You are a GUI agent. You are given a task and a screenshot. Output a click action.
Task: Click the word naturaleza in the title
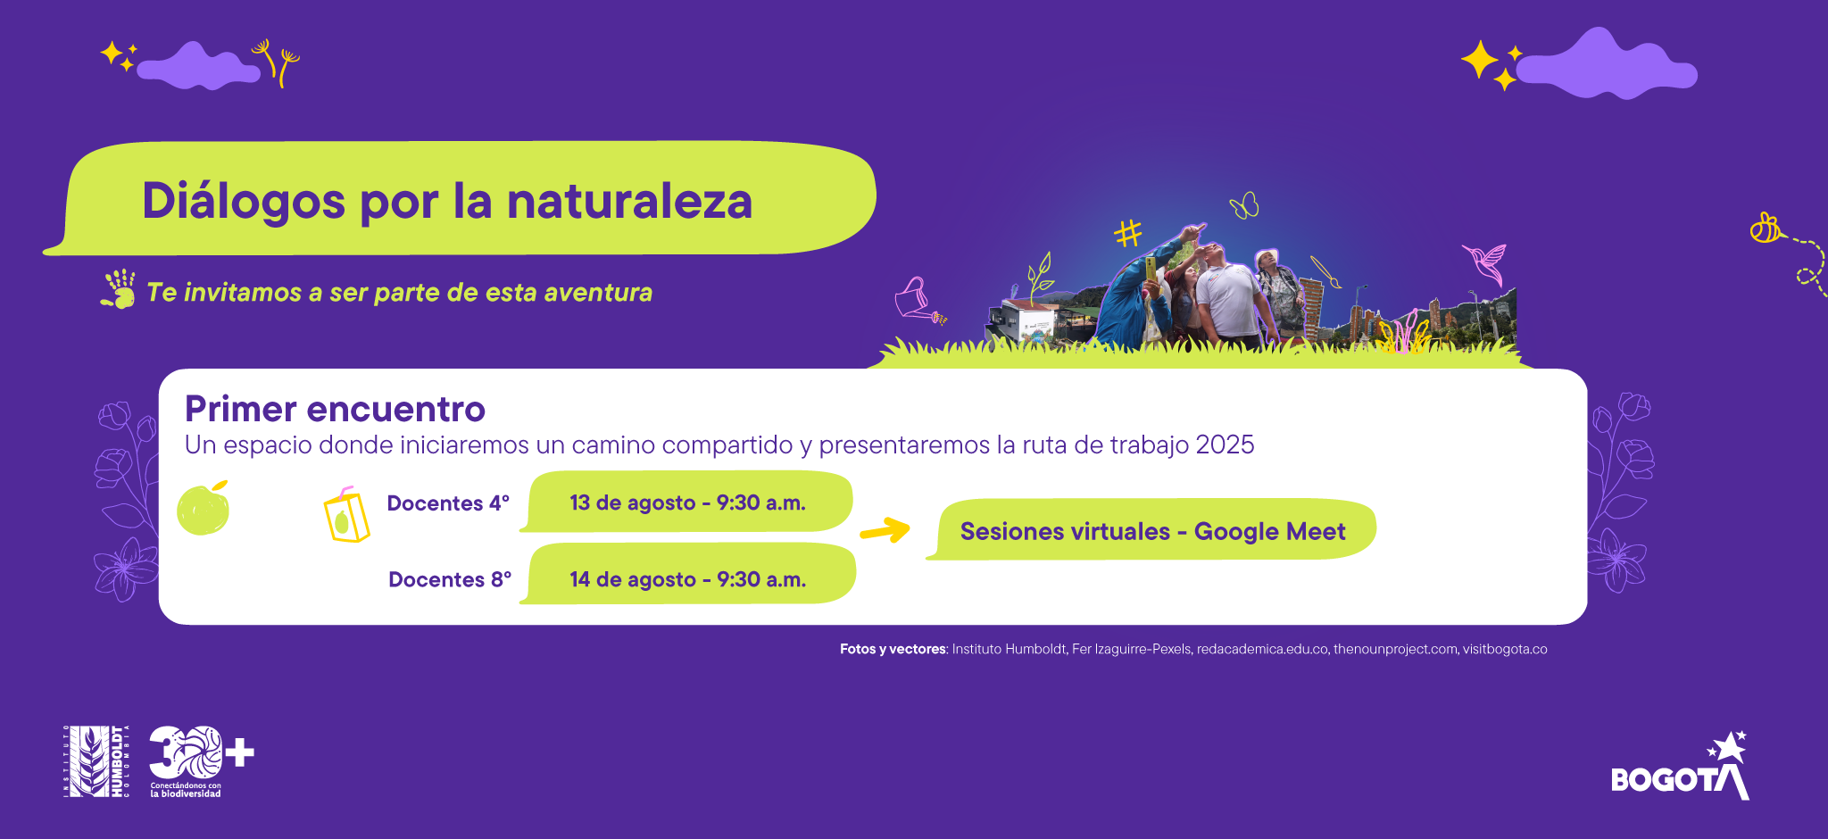(629, 201)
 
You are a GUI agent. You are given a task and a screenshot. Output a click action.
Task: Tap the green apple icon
(204, 509)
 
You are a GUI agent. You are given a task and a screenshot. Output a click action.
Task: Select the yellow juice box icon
(346, 516)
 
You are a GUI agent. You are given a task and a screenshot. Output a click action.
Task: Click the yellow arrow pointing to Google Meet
(885, 530)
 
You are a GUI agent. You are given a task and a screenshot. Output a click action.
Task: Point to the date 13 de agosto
(632, 503)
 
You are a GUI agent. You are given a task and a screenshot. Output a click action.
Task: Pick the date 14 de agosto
(632, 579)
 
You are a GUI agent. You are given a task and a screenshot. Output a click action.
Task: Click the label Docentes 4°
(448, 503)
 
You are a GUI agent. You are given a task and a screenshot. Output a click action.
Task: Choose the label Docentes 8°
(450, 580)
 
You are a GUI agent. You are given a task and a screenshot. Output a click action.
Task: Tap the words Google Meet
(1269, 532)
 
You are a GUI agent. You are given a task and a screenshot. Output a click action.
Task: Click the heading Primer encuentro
(335, 410)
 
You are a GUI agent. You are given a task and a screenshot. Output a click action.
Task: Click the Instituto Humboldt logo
(96, 761)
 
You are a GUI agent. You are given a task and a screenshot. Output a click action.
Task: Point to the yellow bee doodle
(1765, 228)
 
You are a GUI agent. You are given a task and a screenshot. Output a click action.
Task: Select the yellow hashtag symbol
(1128, 233)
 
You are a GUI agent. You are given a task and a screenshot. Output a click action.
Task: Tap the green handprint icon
(119, 289)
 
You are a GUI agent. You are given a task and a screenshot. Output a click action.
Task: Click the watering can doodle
(916, 299)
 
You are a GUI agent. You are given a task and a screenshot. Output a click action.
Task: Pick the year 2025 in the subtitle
(1225, 444)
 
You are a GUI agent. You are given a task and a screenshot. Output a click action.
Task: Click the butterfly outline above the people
(1244, 206)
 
